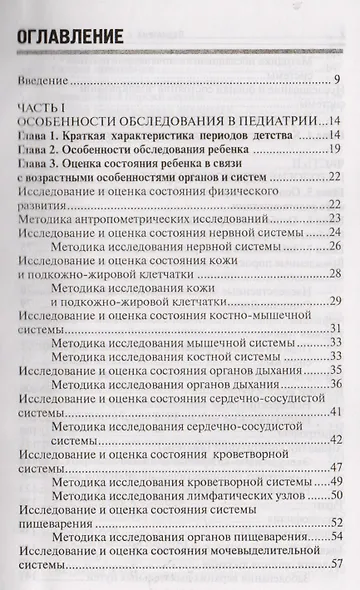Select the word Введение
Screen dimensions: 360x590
(44, 80)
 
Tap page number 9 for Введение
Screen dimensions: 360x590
(339, 80)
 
